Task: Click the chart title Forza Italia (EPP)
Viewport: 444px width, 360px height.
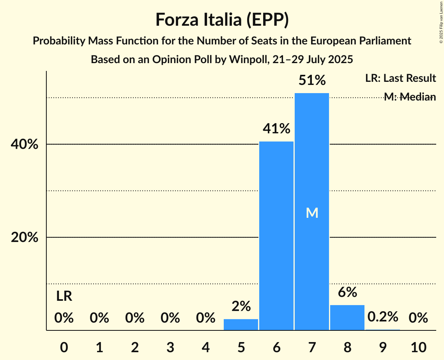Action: [x=222, y=20]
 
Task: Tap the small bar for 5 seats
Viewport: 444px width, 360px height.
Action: [x=241, y=325]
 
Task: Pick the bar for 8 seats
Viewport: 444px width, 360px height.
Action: [x=347, y=318]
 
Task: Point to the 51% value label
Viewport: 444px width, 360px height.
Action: [x=312, y=81]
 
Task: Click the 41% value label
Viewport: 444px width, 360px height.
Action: [x=276, y=129]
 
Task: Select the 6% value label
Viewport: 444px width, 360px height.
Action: [x=347, y=292]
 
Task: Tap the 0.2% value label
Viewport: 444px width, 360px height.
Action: [x=383, y=317]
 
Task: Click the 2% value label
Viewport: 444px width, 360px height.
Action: [x=241, y=307]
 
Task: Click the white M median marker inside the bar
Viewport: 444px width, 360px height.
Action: [x=312, y=213]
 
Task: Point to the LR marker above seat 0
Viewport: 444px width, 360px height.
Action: [x=64, y=296]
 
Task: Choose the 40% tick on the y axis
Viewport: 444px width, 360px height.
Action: [x=25, y=145]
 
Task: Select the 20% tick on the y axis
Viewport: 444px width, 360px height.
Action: [x=25, y=238]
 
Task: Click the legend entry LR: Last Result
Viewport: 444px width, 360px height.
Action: [x=400, y=78]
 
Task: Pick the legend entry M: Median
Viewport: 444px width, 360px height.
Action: [x=410, y=97]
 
